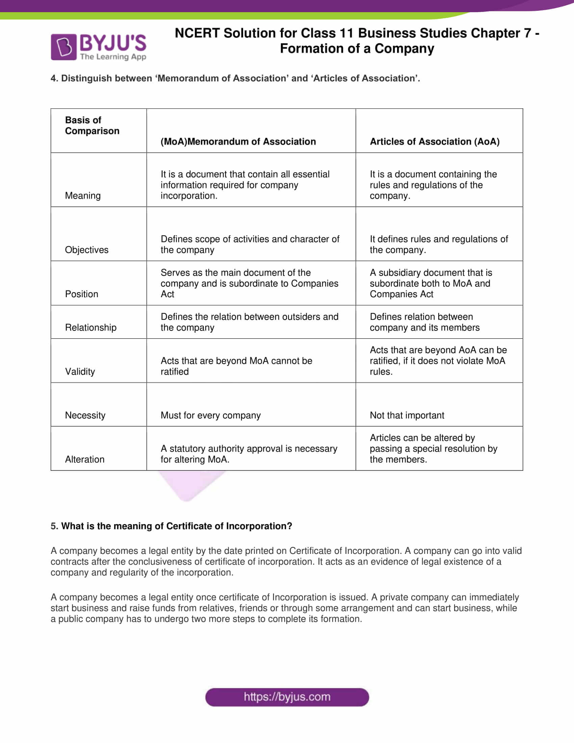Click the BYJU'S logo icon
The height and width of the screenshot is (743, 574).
pos(63,47)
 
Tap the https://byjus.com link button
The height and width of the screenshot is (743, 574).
pos(287,697)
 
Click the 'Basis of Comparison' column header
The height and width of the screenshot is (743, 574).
pos(92,126)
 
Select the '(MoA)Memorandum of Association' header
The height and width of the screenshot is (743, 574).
pos(238,142)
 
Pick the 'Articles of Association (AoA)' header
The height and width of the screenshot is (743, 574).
pos(435,142)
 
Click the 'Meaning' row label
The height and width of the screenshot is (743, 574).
pos(83,196)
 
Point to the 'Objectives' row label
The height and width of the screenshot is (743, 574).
pos(87,250)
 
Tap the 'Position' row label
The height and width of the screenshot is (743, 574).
pos(82,294)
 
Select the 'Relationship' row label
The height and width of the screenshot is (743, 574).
pos(91,327)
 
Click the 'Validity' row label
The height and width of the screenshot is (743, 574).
pos(80,371)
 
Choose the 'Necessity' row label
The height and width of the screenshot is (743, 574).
pos(85,415)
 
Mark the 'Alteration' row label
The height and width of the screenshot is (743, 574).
pos(85,459)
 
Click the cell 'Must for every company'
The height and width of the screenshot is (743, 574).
pos(210,415)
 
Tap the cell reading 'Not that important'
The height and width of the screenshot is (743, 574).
pos(407,415)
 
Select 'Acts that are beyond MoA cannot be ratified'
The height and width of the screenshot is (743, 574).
pos(236,366)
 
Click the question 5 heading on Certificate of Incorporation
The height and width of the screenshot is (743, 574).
pos(172,526)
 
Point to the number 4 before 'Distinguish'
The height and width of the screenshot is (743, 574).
pos(53,78)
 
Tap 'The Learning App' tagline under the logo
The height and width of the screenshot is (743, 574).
pos(113,57)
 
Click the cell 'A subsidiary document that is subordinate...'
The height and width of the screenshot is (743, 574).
pos(430,283)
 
